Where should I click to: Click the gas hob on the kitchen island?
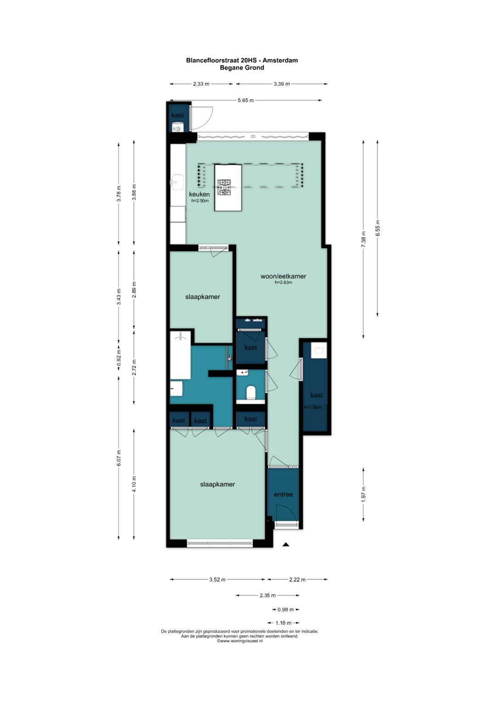coord(224,187)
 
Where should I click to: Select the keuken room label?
coord(199,194)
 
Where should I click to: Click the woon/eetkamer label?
coord(283,276)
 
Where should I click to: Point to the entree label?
coord(283,494)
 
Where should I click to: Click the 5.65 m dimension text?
coord(246,100)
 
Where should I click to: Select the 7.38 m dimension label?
coord(363,240)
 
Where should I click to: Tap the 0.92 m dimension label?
coord(118,358)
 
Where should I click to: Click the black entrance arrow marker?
coord(286,544)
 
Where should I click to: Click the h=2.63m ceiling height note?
coord(283,282)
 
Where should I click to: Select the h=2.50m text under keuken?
coord(200,201)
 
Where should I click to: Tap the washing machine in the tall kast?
coord(319,350)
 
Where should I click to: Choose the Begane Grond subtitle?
coord(242,67)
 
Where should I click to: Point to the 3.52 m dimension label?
coord(218,579)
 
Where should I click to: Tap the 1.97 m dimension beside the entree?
coord(363,494)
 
